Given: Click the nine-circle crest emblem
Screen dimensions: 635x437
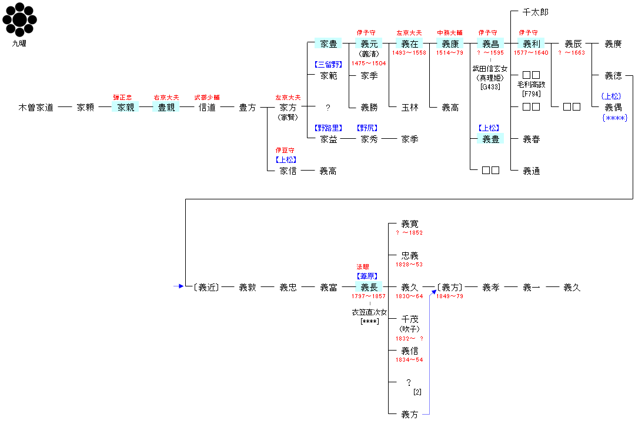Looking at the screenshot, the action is tap(19, 19).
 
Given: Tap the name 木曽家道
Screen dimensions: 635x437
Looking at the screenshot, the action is tap(36, 107).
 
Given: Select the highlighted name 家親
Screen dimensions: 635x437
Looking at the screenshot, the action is tap(126, 107).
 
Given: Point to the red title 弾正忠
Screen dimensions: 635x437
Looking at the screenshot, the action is tap(122, 97).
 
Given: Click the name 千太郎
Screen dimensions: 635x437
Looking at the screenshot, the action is tap(536, 12).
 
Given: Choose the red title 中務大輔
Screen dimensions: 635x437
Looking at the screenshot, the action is tap(450, 33).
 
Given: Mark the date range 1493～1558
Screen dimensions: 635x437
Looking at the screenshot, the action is tap(409, 53).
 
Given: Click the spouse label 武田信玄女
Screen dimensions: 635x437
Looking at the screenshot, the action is tap(490, 69).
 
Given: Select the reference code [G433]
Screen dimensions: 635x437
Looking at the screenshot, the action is tap(490, 86).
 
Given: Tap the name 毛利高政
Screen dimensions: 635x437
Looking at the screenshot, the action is tap(532, 85).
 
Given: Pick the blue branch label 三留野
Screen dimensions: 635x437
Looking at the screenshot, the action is tap(329, 64).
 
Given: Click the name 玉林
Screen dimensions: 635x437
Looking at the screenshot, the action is tap(410, 107).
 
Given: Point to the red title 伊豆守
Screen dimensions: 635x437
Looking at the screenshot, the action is tap(285, 150).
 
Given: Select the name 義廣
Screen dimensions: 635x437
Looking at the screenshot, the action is tap(613, 44).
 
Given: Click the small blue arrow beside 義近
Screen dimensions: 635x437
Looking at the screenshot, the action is tap(179, 286).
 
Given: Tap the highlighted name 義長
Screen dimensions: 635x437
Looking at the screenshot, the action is tap(369, 287).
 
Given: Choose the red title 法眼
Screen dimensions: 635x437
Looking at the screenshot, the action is tap(363, 267).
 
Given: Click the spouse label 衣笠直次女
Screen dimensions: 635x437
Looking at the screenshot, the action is tap(369, 312).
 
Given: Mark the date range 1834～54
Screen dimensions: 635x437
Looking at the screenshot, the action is tap(409, 359).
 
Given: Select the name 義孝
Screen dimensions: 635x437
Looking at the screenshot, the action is tap(491, 287).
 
